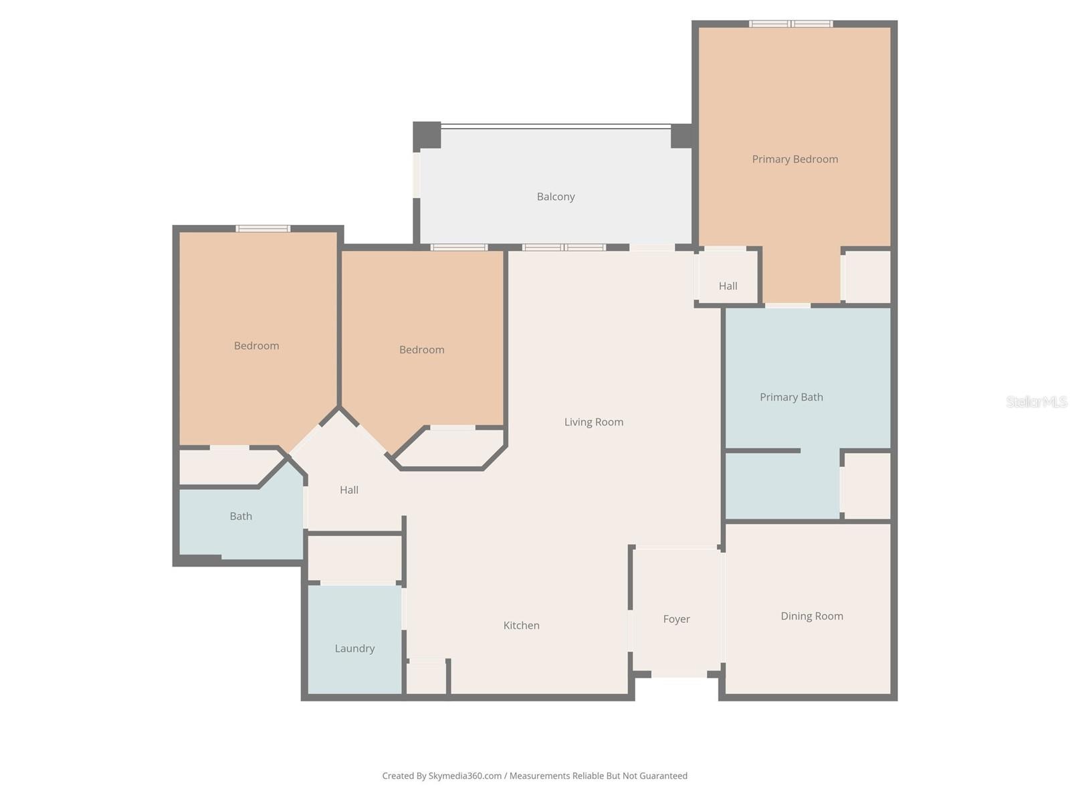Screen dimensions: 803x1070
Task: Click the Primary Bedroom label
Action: [x=794, y=159]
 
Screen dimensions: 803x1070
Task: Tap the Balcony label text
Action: [x=556, y=197]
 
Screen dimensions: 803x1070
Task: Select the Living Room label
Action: [x=594, y=422]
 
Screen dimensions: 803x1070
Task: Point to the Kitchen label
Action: [x=522, y=626]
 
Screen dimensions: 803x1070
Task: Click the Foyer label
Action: [x=676, y=620]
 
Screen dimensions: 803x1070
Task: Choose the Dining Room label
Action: [x=812, y=616]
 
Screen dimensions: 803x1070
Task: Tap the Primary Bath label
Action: [x=791, y=397]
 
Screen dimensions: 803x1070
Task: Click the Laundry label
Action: [x=354, y=648]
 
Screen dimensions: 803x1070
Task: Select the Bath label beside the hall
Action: [x=241, y=517]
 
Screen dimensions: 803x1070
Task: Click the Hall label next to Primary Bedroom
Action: [x=728, y=286]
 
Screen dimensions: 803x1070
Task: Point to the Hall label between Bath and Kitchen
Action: [x=349, y=490]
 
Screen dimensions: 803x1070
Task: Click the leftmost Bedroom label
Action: [x=256, y=346]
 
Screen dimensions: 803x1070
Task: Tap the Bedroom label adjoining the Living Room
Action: [x=421, y=350]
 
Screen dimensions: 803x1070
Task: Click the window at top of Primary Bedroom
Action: [x=790, y=24]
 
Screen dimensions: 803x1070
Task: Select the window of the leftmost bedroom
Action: [x=263, y=229]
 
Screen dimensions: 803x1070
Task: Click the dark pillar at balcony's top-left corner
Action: [x=427, y=135]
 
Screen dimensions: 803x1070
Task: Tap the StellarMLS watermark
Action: [x=1037, y=401]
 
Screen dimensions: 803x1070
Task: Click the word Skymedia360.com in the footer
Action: [x=465, y=776]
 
